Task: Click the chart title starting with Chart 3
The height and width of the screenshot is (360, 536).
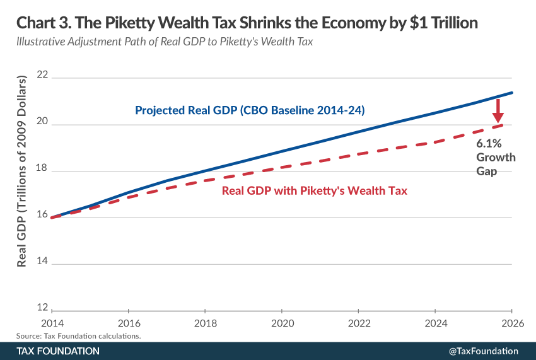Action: [247, 23]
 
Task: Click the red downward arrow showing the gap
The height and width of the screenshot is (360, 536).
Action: [498, 113]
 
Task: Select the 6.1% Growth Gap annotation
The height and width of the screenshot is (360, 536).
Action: [496, 157]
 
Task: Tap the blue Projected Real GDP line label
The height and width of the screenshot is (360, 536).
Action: [250, 110]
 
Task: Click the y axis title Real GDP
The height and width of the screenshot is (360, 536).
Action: [23, 171]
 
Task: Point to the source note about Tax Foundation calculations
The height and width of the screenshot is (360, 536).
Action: [79, 335]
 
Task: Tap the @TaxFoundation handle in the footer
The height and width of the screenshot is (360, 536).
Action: [483, 351]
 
